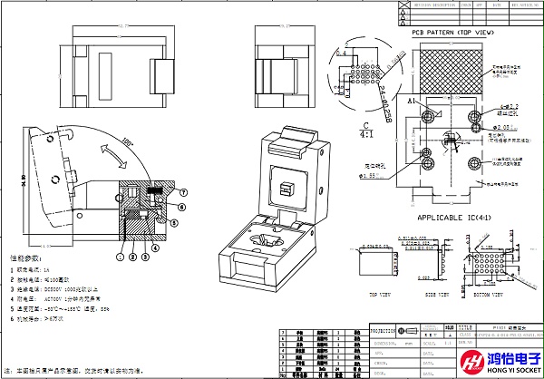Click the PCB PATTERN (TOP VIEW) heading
coord(452,33)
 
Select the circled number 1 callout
coord(120,258)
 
